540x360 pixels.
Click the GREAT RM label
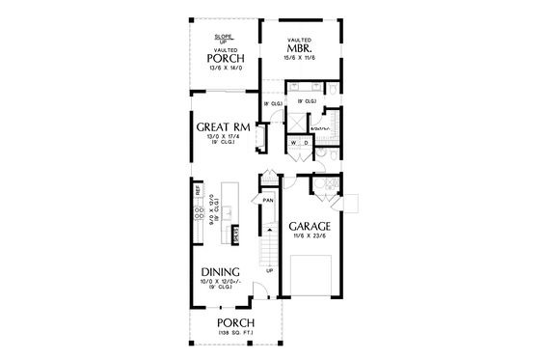(x=224, y=127)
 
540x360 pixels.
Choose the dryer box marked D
(x=307, y=143)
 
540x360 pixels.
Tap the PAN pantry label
(x=269, y=200)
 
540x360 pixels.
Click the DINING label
(x=221, y=272)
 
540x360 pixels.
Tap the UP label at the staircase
(x=269, y=270)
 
